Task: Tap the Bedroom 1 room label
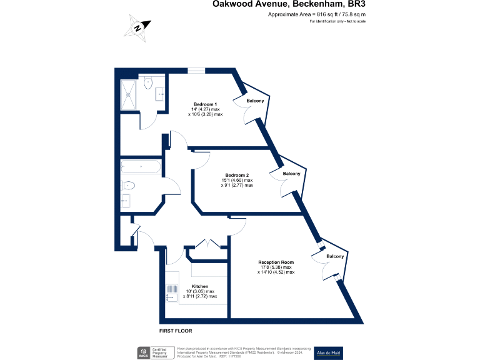coord(205,104)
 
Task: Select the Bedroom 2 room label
coord(237,174)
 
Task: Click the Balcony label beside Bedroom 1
coord(255,101)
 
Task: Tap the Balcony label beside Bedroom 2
coord(292,174)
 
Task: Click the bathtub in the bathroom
coord(141,167)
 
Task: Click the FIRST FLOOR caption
coord(176,329)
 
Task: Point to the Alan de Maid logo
coord(328,352)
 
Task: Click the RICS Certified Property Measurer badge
coord(154,352)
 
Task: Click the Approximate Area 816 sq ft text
coord(316,14)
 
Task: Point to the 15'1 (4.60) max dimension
coord(237,180)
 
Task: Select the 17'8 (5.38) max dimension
coord(276,267)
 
